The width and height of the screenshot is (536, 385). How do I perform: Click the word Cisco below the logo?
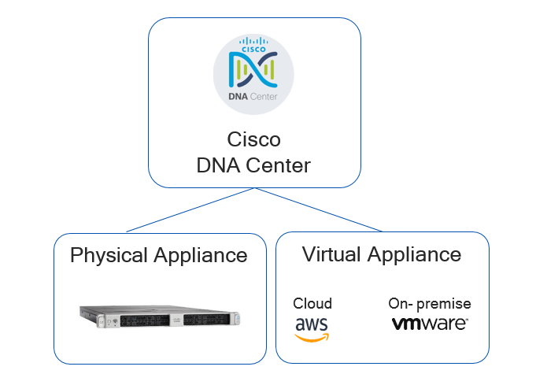click(253, 140)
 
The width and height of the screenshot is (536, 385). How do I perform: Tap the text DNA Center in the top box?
click(253, 166)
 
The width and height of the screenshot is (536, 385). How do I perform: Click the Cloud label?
click(312, 304)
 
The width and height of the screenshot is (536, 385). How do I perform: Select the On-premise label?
click(430, 304)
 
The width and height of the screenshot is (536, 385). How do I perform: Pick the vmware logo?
click(430, 324)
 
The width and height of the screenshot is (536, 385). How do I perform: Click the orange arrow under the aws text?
click(312, 337)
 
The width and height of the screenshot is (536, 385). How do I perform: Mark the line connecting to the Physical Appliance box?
click(189, 210)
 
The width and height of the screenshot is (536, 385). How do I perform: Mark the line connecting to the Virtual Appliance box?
click(318, 210)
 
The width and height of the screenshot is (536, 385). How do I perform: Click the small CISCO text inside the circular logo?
click(253, 46)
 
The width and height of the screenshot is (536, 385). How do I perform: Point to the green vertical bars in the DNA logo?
click(253, 71)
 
